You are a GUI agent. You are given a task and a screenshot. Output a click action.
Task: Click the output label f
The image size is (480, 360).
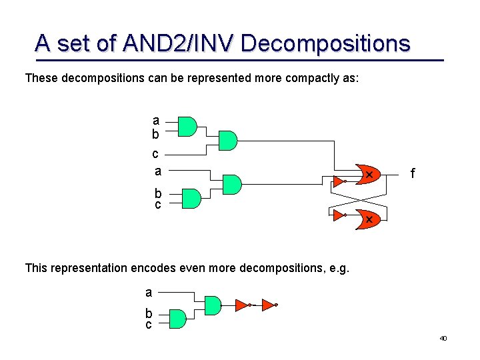click(413, 174)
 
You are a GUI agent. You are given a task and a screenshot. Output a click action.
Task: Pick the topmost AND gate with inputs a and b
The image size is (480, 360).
click(187, 127)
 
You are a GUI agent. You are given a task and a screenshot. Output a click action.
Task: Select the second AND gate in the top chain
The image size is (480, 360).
click(227, 141)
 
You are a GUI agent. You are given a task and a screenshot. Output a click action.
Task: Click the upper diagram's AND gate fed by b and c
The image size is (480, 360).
click(191, 198)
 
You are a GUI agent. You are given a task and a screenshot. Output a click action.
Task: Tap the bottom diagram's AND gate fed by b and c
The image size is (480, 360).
click(177, 319)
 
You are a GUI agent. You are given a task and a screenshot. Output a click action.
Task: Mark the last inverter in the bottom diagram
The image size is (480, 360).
click(269, 305)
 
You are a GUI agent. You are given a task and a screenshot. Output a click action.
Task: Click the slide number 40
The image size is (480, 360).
click(443, 339)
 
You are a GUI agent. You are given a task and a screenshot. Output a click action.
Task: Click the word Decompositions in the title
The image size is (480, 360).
click(325, 43)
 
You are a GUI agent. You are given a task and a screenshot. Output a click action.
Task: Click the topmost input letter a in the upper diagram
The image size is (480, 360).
click(156, 121)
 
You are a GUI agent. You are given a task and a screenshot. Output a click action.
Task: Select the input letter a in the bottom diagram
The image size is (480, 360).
click(149, 292)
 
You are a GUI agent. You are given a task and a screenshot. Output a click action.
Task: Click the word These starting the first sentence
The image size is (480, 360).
click(41, 79)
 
